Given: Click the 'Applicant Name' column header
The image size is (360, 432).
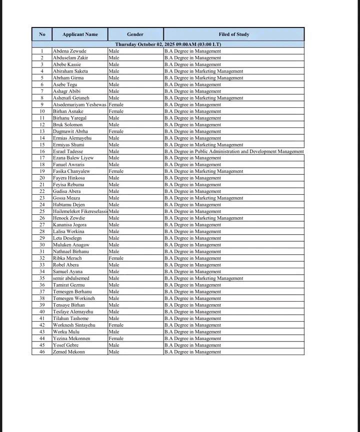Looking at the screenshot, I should click(x=80, y=34).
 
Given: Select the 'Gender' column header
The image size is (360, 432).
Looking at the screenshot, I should click(x=135, y=34).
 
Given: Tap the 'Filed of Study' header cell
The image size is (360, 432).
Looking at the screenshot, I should click(x=233, y=34).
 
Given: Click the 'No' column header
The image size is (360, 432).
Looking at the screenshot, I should click(x=42, y=34).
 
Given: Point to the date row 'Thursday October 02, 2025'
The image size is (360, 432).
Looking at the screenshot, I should click(x=168, y=44).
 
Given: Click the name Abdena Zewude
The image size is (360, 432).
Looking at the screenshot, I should click(x=69, y=51).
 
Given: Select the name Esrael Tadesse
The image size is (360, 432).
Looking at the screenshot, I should click(x=68, y=151).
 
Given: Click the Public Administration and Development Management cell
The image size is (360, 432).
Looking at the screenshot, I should click(x=233, y=151).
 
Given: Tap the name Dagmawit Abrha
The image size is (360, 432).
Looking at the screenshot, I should click(x=70, y=131).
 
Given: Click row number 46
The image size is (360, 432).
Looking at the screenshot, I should click(x=42, y=352).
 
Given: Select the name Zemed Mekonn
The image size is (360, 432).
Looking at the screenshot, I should click(x=69, y=352).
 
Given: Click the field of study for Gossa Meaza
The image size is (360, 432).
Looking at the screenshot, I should click(x=203, y=198).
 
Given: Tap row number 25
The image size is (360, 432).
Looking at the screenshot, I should click(x=42, y=211).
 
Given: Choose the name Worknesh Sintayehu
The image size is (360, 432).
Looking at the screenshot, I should click(x=74, y=325).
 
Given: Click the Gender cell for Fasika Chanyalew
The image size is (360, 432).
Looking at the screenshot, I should click(x=116, y=171).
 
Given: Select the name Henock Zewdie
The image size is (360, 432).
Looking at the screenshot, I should click(x=69, y=218).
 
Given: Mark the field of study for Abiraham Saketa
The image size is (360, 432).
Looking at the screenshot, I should click(x=203, y=71).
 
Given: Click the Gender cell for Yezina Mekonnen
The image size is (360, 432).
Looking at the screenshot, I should click(x=116, y=339).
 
